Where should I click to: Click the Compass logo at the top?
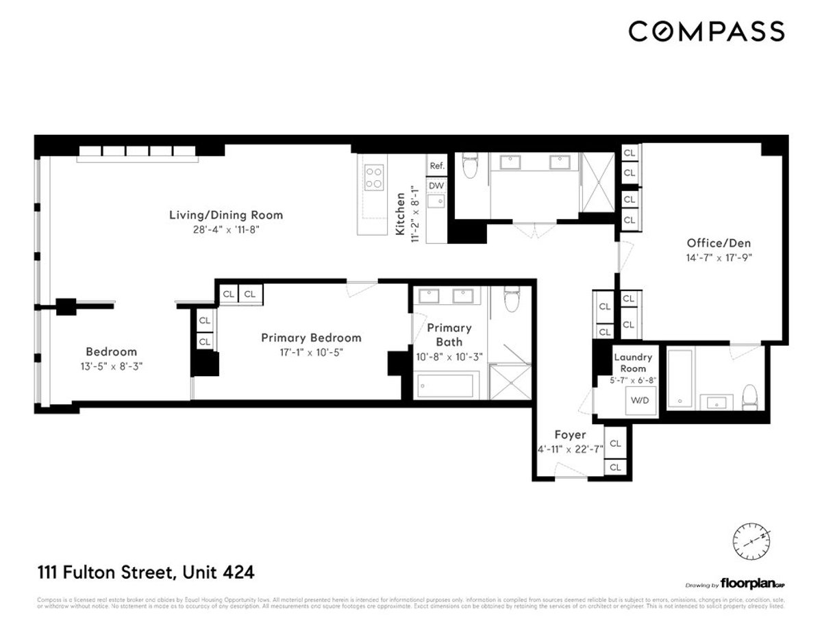[706, 32]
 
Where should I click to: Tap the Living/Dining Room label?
[226, 215]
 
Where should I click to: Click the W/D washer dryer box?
[640, 401]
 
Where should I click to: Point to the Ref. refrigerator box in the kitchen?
[436, 166]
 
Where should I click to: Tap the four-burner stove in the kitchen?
[374, 177]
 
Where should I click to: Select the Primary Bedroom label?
[310, 338]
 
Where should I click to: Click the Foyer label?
[570, 434]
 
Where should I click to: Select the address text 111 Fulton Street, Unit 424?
[145, 571]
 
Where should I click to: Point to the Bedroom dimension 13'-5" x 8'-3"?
[110, 366]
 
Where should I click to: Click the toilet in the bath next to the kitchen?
[470, 166]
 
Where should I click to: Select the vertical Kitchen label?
[400, 209]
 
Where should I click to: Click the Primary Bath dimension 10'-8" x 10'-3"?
[449, 357]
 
